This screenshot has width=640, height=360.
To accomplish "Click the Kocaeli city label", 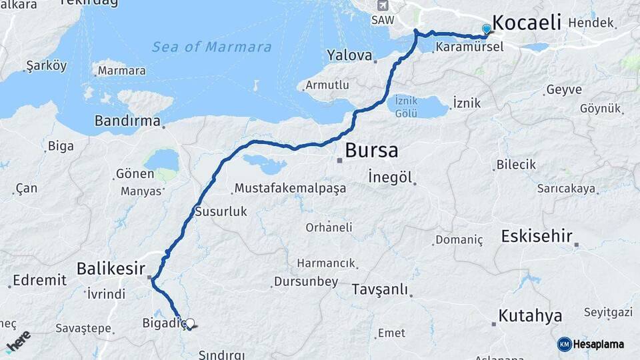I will click(527, 21).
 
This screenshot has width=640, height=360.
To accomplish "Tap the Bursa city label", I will click(371, 151).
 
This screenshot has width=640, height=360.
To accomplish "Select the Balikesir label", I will click(111, 268).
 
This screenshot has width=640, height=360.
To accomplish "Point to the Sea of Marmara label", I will click(212, 47).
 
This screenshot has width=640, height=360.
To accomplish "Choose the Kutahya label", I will click(531, 315).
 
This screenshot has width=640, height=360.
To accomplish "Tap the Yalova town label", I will click(349, 55).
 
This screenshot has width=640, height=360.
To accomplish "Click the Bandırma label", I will click(127, 121).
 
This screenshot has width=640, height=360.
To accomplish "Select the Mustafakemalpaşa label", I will click(290, 188).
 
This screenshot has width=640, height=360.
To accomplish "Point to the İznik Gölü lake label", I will click(406, 106).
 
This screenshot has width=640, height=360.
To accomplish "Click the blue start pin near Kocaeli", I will click(487, 29).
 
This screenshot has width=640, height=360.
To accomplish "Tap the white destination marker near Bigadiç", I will click(190, 324).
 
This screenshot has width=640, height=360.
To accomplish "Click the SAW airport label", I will click(383, 20).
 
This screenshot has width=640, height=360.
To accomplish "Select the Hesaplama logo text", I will click(598, 344).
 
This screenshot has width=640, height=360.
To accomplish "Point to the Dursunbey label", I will click(306, 282).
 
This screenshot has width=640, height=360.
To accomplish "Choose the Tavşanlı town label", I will click(380, 291).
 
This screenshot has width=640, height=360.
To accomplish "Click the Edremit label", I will click(40, 280).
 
